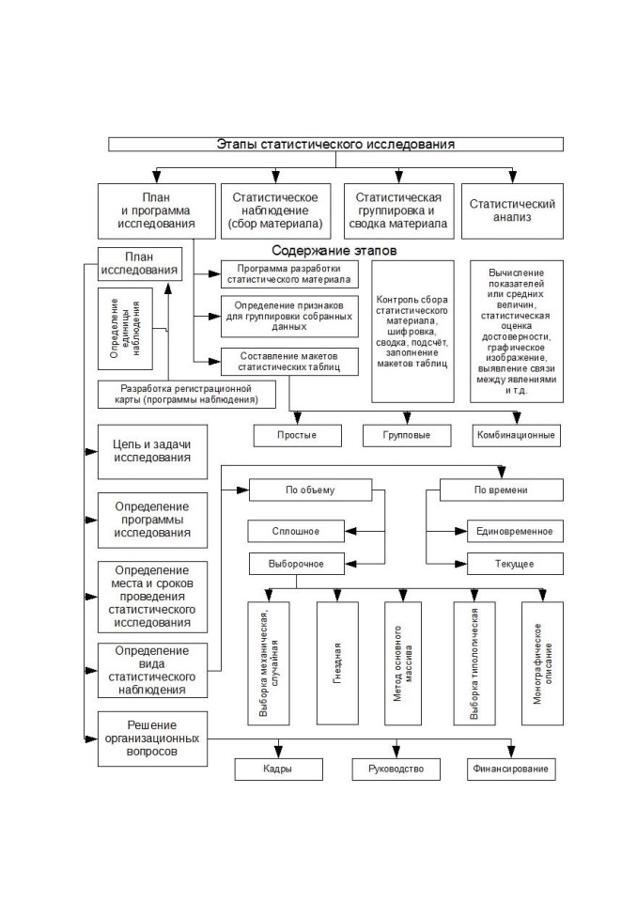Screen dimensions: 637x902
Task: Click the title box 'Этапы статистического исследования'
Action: pos(335,144)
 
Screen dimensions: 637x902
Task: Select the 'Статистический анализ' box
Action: pos(512,210)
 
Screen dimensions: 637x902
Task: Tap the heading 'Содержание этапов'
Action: pos(334,251)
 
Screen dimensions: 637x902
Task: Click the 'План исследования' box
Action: pos(140,263)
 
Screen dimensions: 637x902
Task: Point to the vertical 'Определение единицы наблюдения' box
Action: pos(125,329)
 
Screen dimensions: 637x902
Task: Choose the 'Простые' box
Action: pos(297,435)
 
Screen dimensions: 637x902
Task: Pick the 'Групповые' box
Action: pos(407,435)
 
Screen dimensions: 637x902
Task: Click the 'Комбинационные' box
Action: pos(516,435)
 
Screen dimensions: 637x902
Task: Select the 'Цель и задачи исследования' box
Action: pos(152,452)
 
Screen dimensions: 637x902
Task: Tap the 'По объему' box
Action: pos(310,490)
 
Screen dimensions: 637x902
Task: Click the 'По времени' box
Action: pos(501,490)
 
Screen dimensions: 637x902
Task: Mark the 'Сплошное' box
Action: pos(296,531)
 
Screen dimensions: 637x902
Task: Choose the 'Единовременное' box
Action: pos(515,531)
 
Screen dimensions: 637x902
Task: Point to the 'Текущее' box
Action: pos(515,564)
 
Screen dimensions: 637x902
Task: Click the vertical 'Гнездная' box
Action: pos(337,663)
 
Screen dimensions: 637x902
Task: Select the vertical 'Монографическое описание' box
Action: pos(542,663)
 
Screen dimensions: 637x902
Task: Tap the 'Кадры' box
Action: pos(278,770)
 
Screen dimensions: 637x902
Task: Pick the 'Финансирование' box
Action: pos(511,770)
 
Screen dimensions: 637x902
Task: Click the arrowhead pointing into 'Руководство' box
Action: pos(396,753)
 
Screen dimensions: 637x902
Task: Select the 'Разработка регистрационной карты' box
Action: pos(186,394)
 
